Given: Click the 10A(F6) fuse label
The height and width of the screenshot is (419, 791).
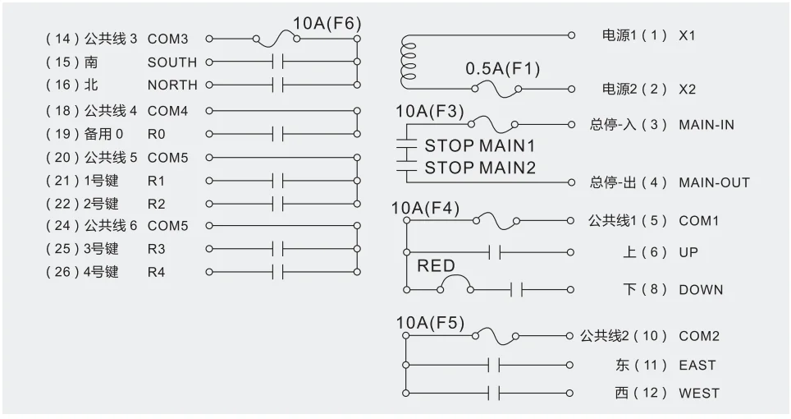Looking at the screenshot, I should [327, 23].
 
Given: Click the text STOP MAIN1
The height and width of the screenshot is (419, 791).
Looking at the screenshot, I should [479, 146].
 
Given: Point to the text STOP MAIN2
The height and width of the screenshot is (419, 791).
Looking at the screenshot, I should [479, 168].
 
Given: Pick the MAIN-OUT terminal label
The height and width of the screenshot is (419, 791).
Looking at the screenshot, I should [714, 182].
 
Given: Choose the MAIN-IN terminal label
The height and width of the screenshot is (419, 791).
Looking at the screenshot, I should [706, 125].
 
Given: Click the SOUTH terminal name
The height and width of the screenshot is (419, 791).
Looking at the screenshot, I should [172, 62].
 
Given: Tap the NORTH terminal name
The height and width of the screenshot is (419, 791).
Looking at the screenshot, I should [172, 85].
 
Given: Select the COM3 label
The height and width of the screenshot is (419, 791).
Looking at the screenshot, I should [167, 39].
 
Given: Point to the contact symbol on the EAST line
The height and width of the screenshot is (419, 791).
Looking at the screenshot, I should [494, 365].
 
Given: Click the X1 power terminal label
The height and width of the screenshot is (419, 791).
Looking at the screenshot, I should [687, 36].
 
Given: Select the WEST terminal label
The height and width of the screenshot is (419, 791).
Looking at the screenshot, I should [698, 394].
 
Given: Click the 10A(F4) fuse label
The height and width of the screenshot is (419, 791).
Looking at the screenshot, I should [425, 208].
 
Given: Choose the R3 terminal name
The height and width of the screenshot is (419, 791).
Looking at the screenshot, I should [156, 249].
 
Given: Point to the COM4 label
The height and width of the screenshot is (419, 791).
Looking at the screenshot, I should [167, 111].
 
